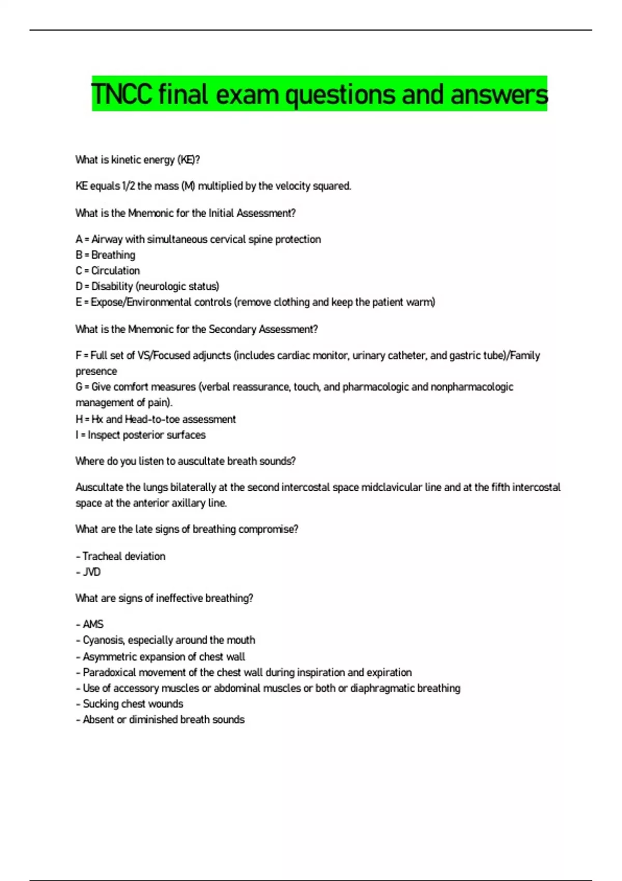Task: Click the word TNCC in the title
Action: (121, 95)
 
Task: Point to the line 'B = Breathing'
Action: (105, 255)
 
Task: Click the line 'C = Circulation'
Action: (107, 271)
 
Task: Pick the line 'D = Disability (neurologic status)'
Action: (147, 286)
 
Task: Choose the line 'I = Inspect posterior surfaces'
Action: (140, 435)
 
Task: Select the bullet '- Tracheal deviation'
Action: (121, 556)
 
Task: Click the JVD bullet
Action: (89, 572)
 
